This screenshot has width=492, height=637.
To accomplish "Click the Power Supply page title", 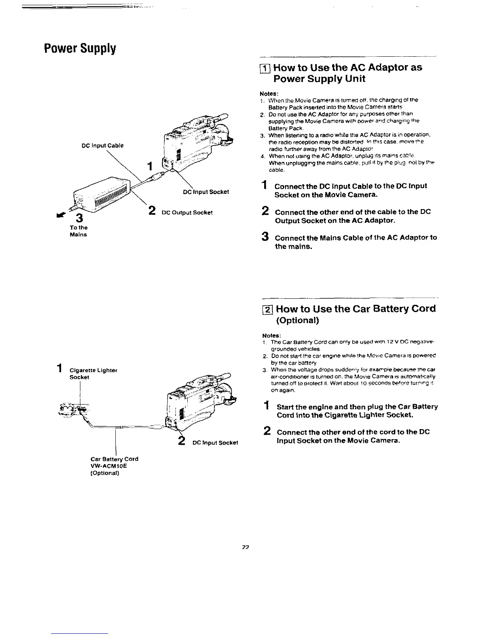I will point(80,48).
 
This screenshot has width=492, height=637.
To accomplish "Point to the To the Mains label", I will point(78,231).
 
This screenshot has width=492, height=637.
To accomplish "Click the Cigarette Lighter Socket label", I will point(93,374).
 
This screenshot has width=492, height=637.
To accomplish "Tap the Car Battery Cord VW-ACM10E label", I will point(114,466).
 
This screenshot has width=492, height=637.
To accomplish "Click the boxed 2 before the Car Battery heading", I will point(268,309).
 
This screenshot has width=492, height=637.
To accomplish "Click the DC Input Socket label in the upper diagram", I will point(205,192).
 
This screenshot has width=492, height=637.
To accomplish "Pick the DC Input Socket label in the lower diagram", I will point(215,442).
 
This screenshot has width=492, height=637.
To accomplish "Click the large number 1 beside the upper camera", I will point(150,166).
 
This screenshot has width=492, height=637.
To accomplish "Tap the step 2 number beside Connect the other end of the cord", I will point(266,432).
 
